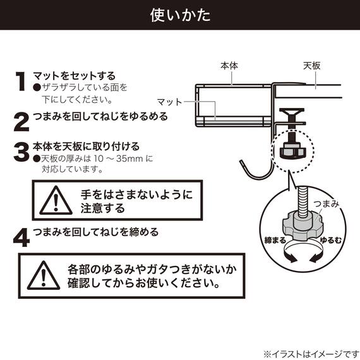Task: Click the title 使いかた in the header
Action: (180, 15)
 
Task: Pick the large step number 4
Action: (21, 236)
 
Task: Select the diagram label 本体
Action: (229, 65)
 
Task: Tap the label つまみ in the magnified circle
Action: (328, 203)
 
